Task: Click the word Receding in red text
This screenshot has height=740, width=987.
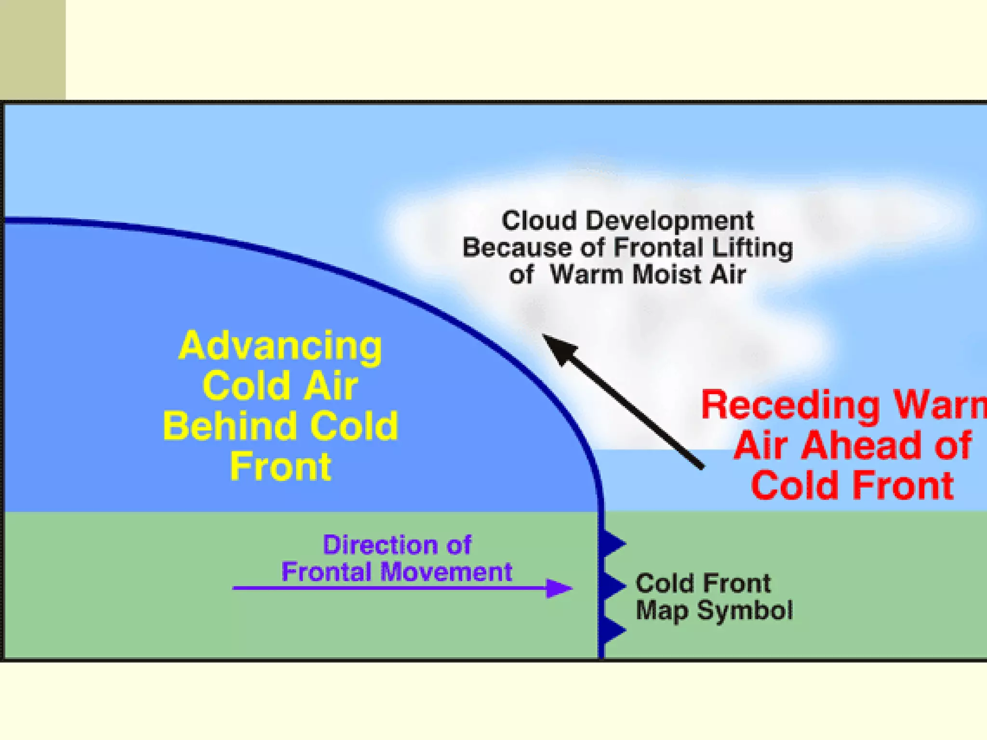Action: pos(790,406)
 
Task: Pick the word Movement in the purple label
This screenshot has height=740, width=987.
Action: pos(446,572)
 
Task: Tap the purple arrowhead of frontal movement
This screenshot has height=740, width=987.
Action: pos(559,588)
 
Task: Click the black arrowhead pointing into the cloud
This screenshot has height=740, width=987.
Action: pos(559,348)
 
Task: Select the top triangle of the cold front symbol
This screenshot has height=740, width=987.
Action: pos(613,543)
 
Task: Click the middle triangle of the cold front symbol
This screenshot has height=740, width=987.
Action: pos(613,585)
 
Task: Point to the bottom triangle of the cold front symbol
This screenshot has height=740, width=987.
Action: pos(613,629)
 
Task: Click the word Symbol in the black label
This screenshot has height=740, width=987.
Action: pos(745,611)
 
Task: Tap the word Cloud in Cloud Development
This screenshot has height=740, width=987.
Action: pos(539,221)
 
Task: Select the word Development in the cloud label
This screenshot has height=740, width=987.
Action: pos(669,221)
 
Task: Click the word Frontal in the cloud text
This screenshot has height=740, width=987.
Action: pos(658,248)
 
